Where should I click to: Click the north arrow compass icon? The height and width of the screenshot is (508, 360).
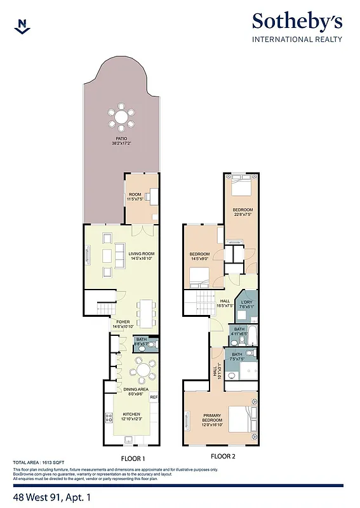(23, 25)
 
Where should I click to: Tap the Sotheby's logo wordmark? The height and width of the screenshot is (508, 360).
(297, 22)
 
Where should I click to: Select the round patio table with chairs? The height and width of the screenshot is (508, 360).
(121, 117)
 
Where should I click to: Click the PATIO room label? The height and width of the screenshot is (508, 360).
(121, 138)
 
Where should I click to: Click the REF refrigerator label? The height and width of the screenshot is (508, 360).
(153, 397)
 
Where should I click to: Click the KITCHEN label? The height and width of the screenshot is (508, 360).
(131, 415)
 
